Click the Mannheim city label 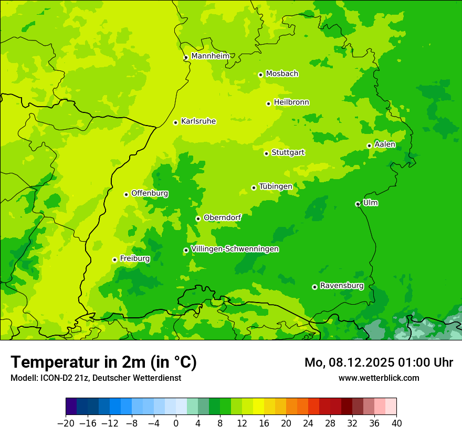pos(210,56)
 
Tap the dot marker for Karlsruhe pos(176,122)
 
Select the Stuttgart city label pos(288,152)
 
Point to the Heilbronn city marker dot pos(268,103)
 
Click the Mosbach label pos(282,74)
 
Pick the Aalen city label pos(385,144)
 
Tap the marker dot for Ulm pos(358,204)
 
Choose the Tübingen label pos(276,186)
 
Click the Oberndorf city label pos(222,217)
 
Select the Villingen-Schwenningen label pos(235,249)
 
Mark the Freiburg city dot pos(114,259)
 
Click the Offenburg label pos(150,193)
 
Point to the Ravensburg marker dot pos(314,287)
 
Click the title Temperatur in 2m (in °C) pos(103,362)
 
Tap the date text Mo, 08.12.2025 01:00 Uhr pos(379,362)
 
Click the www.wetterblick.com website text pos(379,378)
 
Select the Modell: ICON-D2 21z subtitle pos(96,378)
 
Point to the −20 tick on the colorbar pos(66,423)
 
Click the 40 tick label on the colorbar pos(396,423)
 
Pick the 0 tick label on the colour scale pos(176,423)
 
